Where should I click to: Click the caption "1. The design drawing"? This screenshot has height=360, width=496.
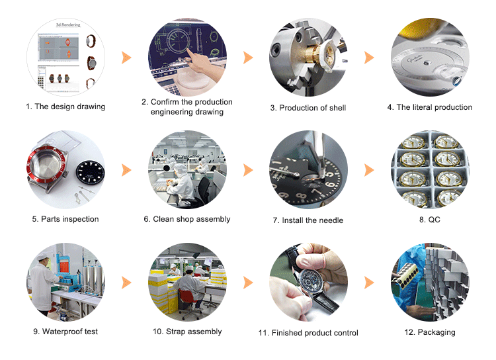(65, 107)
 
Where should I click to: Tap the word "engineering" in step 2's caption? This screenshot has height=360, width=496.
(169, 112)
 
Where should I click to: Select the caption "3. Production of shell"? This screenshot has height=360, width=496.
(308, 108)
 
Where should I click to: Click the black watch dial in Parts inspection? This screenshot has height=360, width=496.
(90, 173)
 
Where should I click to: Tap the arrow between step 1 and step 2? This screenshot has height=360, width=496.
(126, 58)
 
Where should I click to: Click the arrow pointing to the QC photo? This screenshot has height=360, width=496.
(369, 170)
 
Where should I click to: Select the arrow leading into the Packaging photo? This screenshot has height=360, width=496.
(369, 283)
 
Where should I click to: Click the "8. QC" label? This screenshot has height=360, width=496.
(430, 220)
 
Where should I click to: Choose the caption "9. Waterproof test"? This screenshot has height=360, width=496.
(65, 332)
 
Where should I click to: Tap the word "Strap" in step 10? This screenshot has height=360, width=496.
(175, 332)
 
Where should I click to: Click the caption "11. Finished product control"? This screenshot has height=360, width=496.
(308, 333)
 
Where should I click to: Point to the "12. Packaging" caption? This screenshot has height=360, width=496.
(430, 332)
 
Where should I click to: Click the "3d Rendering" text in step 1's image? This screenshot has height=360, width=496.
(68, 25)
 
